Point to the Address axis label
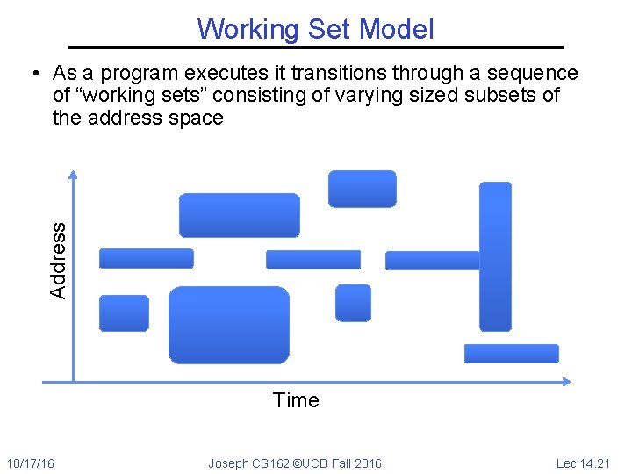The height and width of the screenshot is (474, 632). [x=59, y=259]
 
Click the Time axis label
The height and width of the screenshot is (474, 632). [x=296, y=401]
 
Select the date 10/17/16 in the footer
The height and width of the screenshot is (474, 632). [x=30, y=463]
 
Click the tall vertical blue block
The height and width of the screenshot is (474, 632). [x=496, y=255]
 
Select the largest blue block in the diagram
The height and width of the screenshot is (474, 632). [x=228, y=325]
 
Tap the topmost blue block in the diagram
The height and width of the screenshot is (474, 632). [x=362, y=189]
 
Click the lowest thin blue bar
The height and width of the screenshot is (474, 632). [x=511, y=353]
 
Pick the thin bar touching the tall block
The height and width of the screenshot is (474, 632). [x=432, y=260]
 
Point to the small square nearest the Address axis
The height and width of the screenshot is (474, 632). [x=124, y=313]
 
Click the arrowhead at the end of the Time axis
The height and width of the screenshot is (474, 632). [x=566, y=382]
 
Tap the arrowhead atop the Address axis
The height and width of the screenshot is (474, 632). [x=73, y=175]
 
